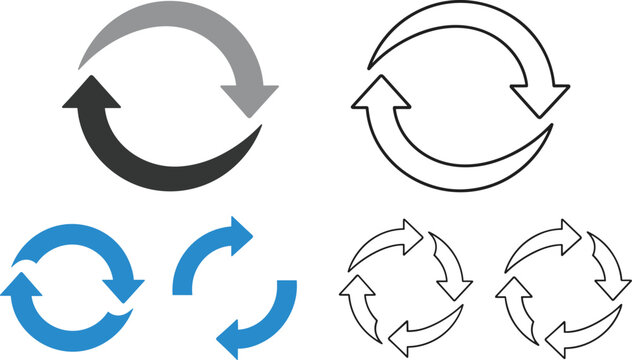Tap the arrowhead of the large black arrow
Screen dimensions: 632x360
[90, 96]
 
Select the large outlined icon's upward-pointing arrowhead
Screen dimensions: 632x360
[380, 96]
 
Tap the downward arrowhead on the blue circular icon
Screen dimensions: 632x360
[128, 287]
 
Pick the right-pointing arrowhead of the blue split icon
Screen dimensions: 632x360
[237, 235]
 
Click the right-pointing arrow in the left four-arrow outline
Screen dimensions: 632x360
[409, 233]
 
